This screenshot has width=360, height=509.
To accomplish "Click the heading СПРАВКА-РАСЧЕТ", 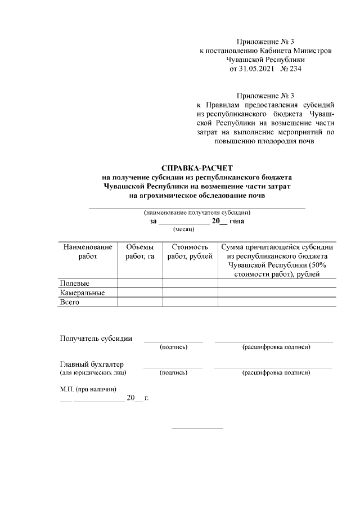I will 197,168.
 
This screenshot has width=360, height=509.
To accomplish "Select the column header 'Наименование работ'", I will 88,251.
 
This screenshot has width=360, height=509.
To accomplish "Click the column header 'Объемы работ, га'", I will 139,251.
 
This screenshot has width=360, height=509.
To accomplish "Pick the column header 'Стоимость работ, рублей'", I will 190,251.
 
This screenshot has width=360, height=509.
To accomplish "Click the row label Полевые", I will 75,283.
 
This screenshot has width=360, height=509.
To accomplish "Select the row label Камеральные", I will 83,292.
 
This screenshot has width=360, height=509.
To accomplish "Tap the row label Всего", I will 70,302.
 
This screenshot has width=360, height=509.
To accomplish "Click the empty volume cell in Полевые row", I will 139,283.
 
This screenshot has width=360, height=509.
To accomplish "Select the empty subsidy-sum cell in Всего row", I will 277,302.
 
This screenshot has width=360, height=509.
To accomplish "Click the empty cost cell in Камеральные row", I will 190,292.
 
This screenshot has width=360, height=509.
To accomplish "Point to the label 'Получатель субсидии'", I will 96,338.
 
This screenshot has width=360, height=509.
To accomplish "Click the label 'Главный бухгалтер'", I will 92,364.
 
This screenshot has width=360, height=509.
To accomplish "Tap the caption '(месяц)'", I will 183,229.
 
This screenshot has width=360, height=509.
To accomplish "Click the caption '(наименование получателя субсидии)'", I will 197,213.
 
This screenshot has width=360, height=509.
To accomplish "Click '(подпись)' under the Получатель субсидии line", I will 173,346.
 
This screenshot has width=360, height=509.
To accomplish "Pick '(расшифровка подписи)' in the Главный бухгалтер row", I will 276,372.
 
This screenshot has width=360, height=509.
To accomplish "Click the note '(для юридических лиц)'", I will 93,372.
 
